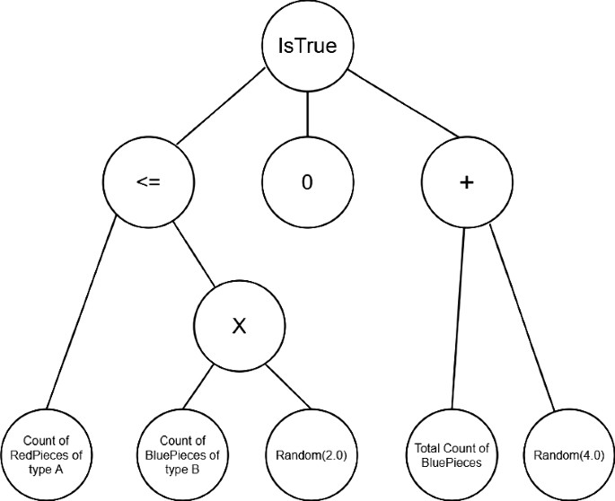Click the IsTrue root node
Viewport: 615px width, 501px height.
307,46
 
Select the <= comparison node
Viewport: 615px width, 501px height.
147,182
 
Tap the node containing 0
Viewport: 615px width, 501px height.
307,182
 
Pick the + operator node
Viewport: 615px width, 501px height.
465,182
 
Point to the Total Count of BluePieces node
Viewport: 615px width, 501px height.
452,454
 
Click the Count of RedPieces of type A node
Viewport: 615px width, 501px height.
46,454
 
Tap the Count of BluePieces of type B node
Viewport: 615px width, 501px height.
182,454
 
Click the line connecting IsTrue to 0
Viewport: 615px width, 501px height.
307,115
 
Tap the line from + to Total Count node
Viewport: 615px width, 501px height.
458,319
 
